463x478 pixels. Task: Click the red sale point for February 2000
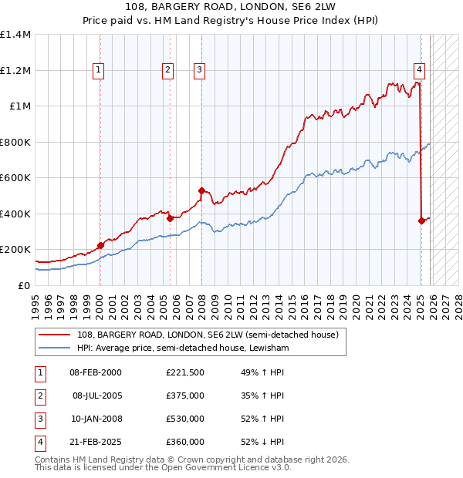point(100,246)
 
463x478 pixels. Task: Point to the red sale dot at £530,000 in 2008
point(201,190)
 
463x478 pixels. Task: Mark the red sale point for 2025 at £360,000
point(421,221)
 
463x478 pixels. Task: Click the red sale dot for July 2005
point(170,218)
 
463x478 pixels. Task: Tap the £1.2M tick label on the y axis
point(15,70)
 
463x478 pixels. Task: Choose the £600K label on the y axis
point(15,178)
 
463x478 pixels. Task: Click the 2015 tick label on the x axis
point(292,301)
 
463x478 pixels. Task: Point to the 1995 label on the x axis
point(35,301)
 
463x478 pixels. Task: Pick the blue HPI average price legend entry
point(181,348)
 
